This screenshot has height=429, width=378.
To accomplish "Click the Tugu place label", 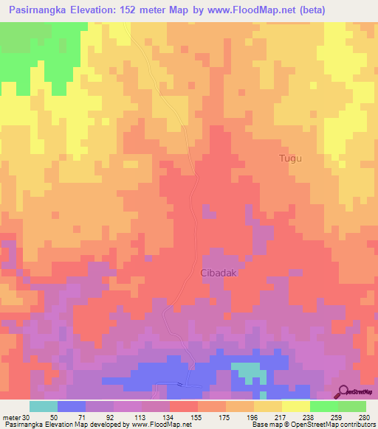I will point(291,158).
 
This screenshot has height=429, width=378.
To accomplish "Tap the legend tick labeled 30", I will point(28,417).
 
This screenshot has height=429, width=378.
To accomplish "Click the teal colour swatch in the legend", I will point(44,406).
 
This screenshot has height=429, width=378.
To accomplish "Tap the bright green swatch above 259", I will point(324,406).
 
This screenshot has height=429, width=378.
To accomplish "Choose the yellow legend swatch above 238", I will point(296,406).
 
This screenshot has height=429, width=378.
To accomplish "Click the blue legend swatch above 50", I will point(72,406).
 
